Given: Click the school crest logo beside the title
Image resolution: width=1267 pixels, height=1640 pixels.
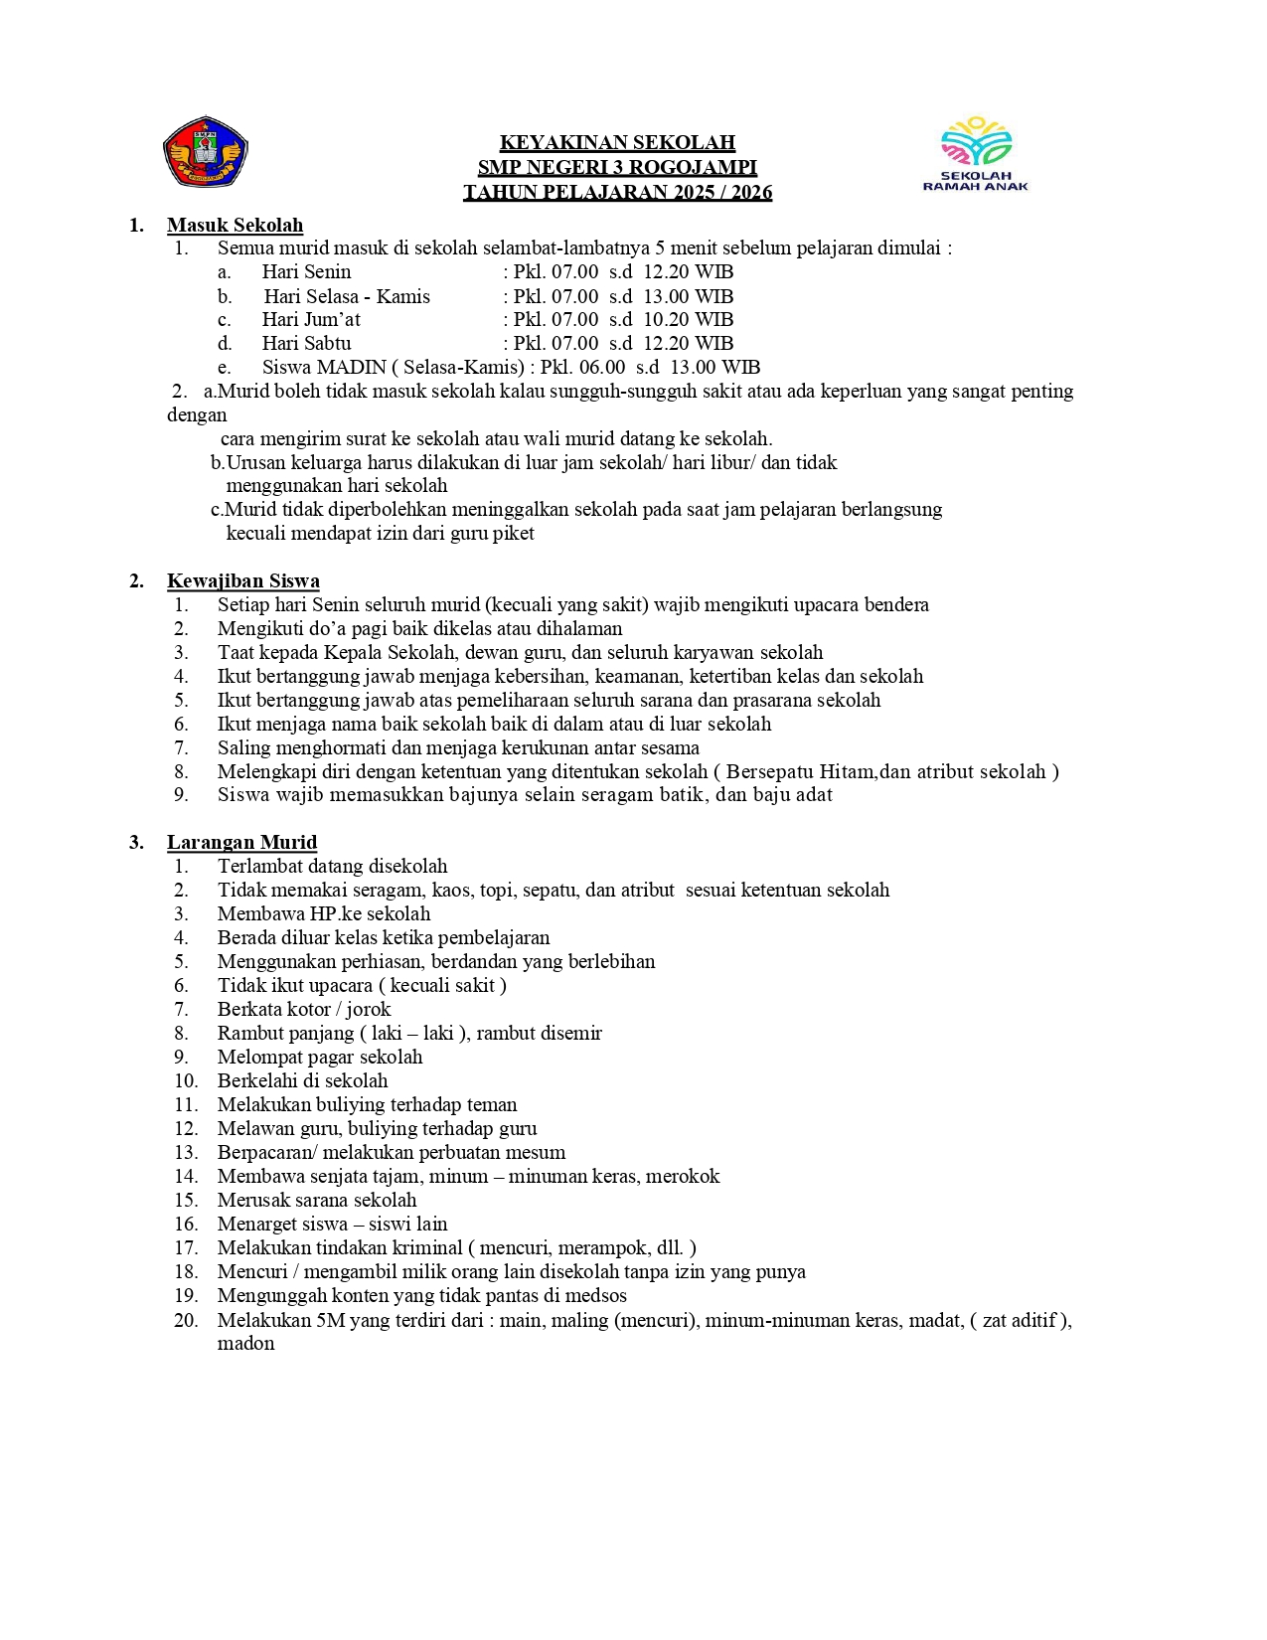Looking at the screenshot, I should tap(205, 152).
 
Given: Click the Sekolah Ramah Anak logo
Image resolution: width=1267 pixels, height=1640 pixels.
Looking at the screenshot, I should tap(975, 153).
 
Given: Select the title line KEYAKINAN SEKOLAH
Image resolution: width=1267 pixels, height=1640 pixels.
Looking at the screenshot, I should tap(617, 143).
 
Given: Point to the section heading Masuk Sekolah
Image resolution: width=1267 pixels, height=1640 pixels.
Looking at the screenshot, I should tap(235, 226).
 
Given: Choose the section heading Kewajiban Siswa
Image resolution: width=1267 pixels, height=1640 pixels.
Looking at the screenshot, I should tap(242, 581).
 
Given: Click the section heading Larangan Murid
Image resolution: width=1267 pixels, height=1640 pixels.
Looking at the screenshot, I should tap(241, 843).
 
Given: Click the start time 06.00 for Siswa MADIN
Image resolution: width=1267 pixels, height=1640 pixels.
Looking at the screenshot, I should tap(602, 368).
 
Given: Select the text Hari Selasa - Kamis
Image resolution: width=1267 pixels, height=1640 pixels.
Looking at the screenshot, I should tap(347, 297).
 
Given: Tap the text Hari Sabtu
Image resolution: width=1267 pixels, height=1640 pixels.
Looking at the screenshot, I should tap(306, 344).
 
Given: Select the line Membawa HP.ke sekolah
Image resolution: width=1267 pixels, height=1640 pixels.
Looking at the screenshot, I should tap(324, 914).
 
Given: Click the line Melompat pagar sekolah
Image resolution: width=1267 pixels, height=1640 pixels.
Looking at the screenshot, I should tap(320, 1058).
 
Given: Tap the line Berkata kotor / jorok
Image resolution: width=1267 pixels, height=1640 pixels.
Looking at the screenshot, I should tap(304, 1010).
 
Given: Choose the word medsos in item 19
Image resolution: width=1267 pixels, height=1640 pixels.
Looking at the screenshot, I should tap(599, 1296).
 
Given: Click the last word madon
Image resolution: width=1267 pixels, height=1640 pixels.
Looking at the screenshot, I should tap(245, 1344).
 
